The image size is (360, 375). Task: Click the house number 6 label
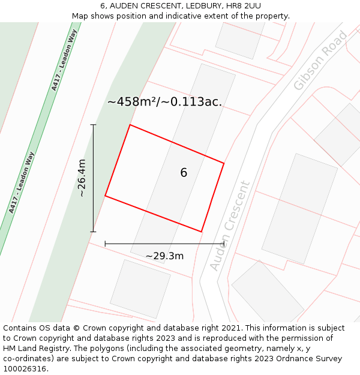[x=184, y=173]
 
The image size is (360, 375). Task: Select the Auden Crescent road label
[x=230, y=226]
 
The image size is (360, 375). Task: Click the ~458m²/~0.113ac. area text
[x=164, y=102]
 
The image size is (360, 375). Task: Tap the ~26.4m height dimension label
[x=82, y=178]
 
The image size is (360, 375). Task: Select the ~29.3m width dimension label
[x=164, y=256]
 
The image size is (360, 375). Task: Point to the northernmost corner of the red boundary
[x=130, y=125]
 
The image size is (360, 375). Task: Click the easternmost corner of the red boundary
[x=224, y=163]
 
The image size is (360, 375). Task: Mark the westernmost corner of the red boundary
[x=106, y=196]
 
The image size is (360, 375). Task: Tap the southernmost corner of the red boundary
[x=201, y=232]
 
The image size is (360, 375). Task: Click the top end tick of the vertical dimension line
[x=93, y=125]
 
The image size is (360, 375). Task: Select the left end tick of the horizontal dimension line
[x=106, y=244]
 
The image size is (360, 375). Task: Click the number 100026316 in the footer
[x=26, y=369]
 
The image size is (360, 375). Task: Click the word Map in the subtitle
[x=81, y=16]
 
